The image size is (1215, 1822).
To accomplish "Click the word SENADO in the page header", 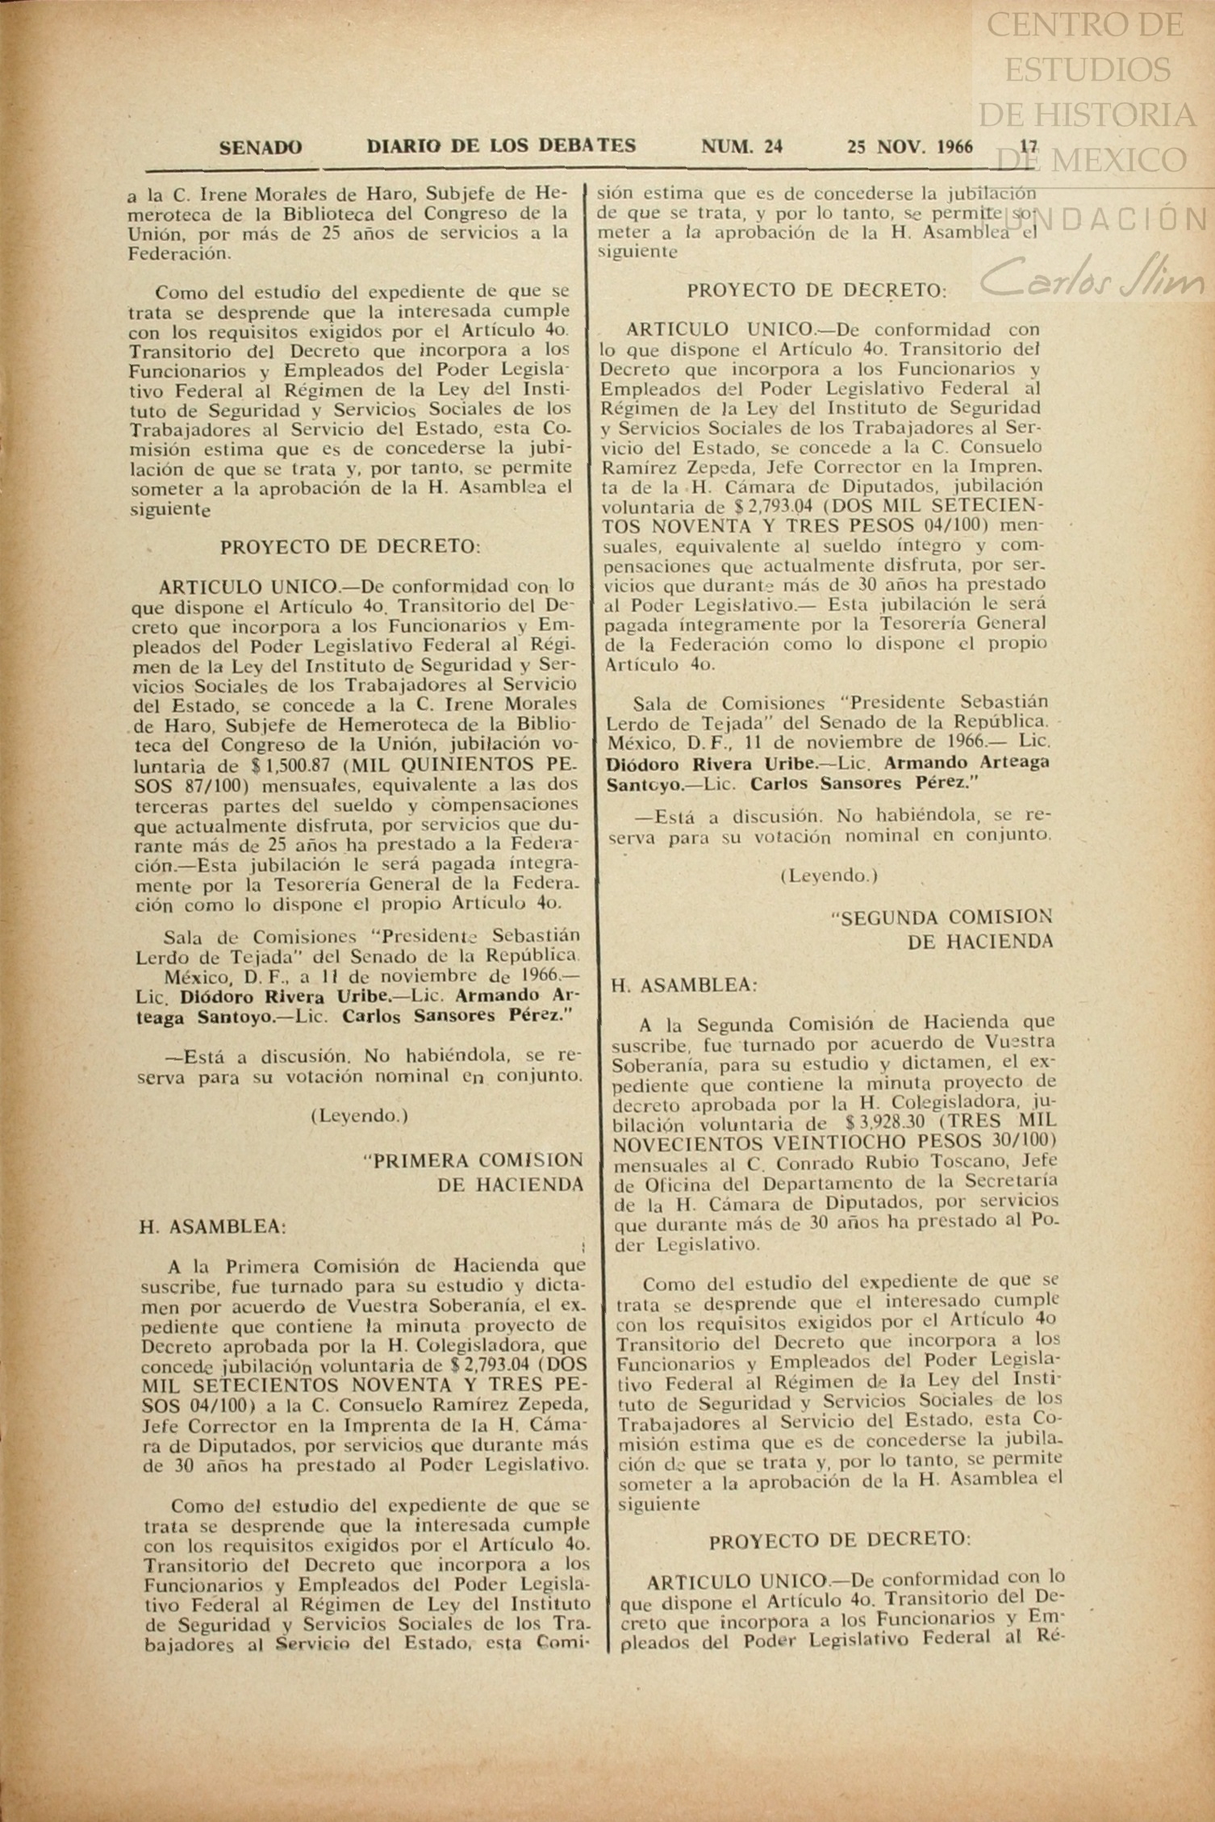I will pyautogui.click(x=261, y=148).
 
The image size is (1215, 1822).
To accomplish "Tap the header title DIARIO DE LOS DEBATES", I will pyautogui.click(x=501, y=147).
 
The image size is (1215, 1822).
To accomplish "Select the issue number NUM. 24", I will pyautogui.click(x=741, y=147).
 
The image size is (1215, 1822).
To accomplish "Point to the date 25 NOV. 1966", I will pyautogui.click(x=909, y=147).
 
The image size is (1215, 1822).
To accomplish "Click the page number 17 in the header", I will pyautogui.click(x=1028, y=147).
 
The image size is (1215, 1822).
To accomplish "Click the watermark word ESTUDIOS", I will pyautogui.click(x=1087, y=70).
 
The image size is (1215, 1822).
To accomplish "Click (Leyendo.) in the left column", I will pyautogui.click(x=359, y=1117).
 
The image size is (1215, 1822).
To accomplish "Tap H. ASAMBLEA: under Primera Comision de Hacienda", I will pyautogui.click(x=213, y=1227).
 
